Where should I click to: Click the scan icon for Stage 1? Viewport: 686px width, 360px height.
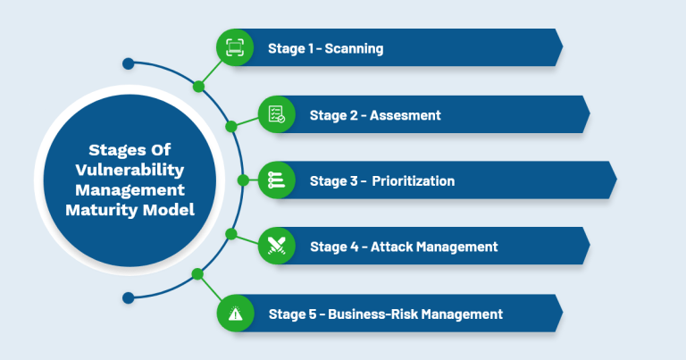coord(235,47)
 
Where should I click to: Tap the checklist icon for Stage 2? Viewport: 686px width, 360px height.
coord(276,114)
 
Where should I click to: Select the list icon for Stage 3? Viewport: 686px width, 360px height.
coord(276,180)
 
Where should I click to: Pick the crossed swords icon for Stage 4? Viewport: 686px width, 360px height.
coord(276,247)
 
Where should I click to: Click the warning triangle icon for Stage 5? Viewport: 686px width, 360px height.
coord(235,314)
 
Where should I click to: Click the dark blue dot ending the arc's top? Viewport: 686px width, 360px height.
coord(128,63)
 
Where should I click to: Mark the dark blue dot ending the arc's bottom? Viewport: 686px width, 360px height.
coord(128,297)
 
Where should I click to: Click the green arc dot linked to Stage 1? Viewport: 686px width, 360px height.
coord(198,87)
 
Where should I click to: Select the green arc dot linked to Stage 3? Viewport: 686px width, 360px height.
coord(243,180)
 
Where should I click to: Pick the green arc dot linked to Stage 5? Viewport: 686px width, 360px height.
coord(198,273)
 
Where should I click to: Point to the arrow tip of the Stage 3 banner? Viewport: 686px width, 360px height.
coord(615,180)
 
